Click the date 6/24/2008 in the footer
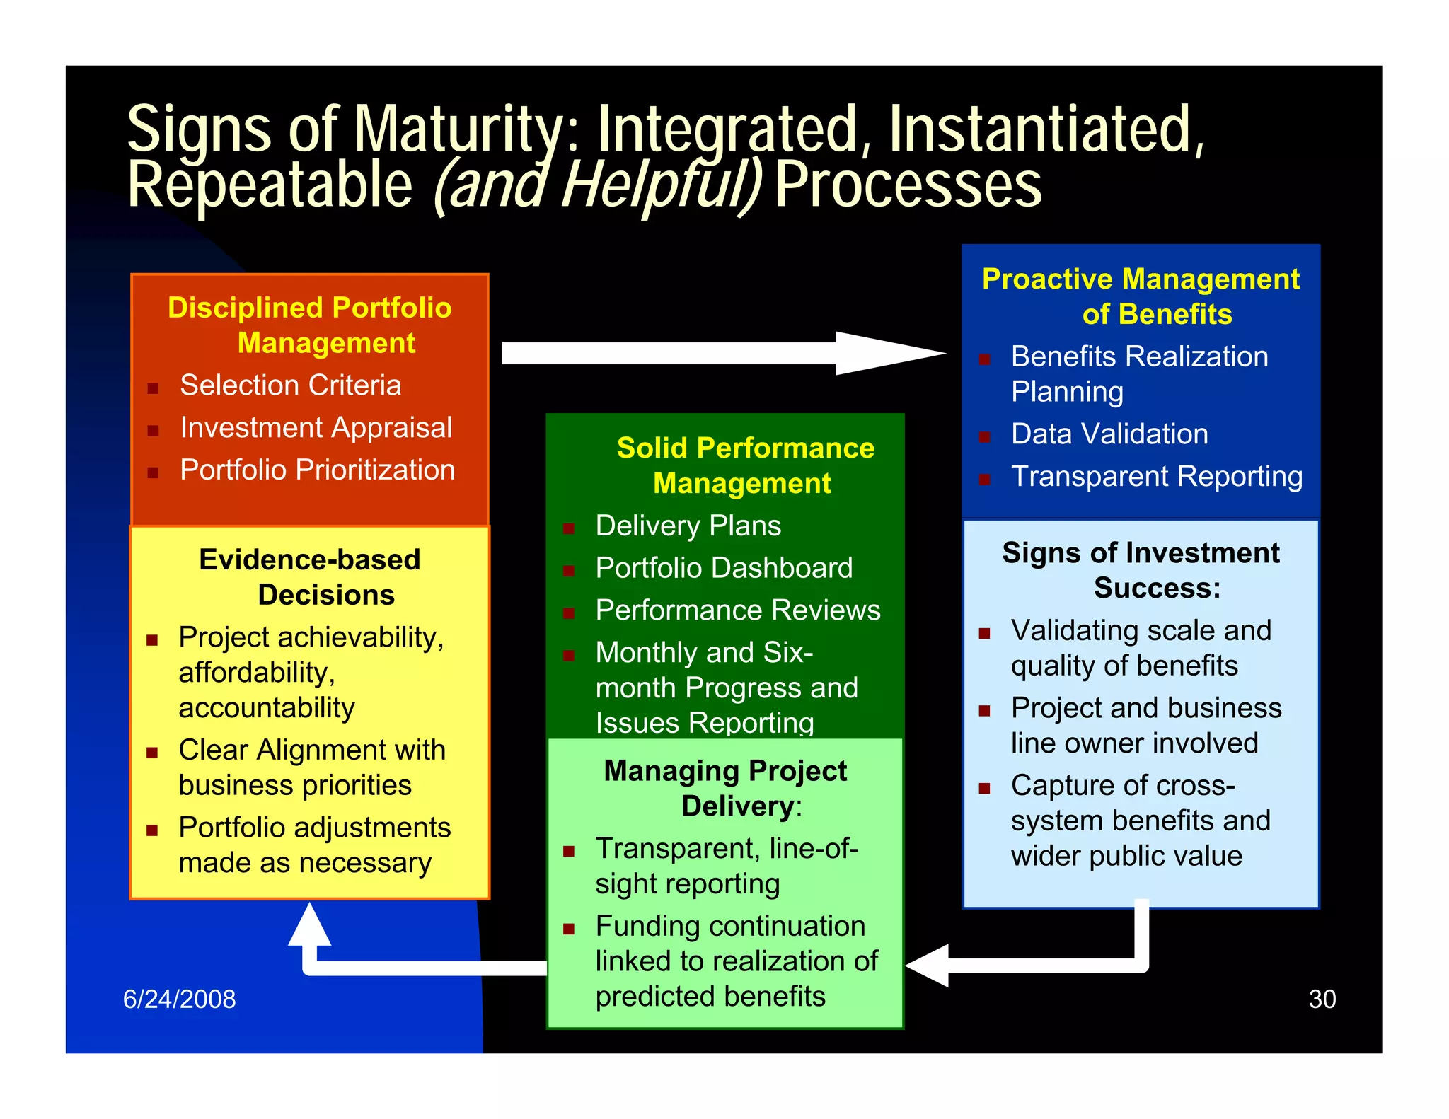[179, 999]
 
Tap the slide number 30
[1322, 999]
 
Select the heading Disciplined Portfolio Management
[310, 325]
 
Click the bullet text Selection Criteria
[290, 385]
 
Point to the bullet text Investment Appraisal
[316, 428]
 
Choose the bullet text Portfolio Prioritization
[317, 470]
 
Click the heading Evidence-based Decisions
[310, 577]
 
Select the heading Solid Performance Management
[744, 465]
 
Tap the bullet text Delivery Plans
[688, 526]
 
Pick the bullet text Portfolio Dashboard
[724, 568]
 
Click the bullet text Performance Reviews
[737, 610]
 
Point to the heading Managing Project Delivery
[726, 788]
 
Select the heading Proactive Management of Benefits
[1141, 296]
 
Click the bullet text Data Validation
[1109, 434]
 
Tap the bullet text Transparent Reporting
[1156, 476]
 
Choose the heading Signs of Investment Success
[1141, 570]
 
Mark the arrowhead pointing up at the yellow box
[309, 925]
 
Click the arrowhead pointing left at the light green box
[928, 965]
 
